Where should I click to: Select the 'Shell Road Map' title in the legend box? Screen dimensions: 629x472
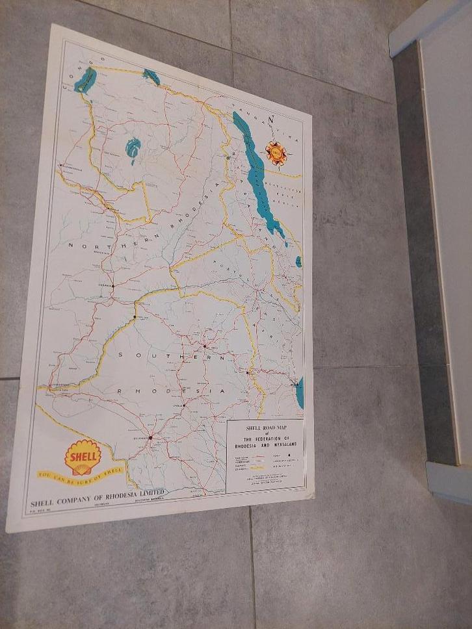(x=265, y=428)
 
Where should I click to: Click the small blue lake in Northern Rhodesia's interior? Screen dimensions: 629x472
(x=133, y=148)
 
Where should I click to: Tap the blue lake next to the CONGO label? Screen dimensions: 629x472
(x=85, y=81)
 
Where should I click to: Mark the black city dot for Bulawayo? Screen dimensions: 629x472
(x=150, y=437)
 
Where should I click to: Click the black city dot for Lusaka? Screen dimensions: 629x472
(x=112, y=285)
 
